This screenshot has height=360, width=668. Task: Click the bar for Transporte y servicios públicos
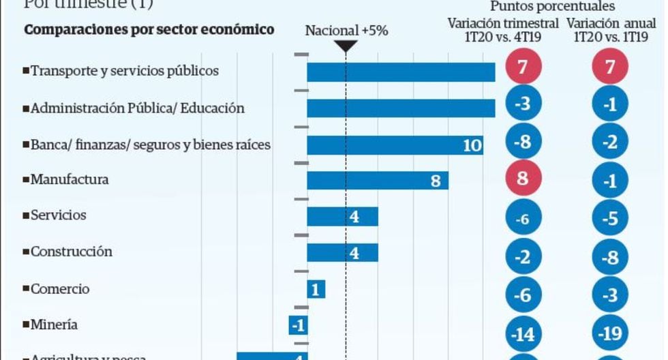(401, 72)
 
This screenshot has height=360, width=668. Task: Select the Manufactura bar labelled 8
(378, 181)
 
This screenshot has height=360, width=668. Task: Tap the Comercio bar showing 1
(316, 289)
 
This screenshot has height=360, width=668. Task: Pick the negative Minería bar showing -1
(298, 325)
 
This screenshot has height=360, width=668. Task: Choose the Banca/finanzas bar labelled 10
(395, 145)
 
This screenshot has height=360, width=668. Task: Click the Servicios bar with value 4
(342, 217)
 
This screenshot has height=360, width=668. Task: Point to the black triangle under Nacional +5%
(346, 46)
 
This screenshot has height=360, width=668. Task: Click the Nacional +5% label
(346, 31)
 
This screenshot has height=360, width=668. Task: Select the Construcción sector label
(71, 252)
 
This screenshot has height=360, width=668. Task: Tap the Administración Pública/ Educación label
(137, 108)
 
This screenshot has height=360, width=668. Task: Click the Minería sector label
(54, 324)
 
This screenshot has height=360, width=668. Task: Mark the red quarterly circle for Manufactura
(523, 179)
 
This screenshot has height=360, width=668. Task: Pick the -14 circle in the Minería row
(523, 335)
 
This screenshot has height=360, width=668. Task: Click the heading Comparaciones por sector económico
(149, 30)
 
